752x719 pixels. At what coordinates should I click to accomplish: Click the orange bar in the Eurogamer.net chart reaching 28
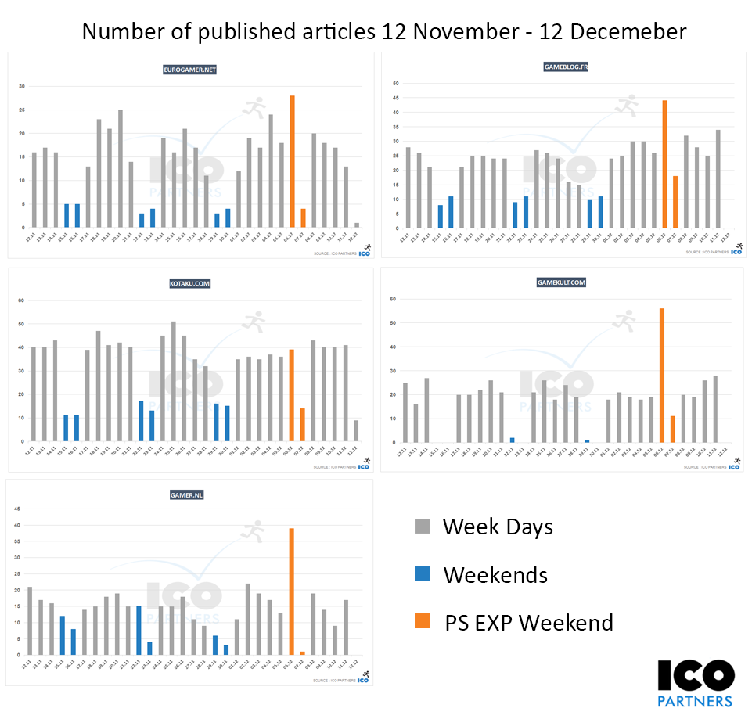point(292,161)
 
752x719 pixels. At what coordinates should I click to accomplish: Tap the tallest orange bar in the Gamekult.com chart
point(662,375)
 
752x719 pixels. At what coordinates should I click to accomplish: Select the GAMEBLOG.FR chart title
point(565,67)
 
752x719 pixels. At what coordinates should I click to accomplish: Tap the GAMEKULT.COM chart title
point(561,282)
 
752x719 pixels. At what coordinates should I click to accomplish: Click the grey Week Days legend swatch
point(423,527)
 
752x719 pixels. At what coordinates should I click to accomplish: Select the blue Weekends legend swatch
point(423,574)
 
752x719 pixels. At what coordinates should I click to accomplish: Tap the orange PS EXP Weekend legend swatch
point(423,622)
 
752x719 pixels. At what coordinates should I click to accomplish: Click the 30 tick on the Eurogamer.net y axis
point(22,86)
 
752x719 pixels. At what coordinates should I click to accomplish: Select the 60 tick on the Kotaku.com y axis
point(22,300)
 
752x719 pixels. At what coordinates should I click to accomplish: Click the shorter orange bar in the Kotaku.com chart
point(303,425)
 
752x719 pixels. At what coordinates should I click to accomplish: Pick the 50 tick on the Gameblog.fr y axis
point(396,83)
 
